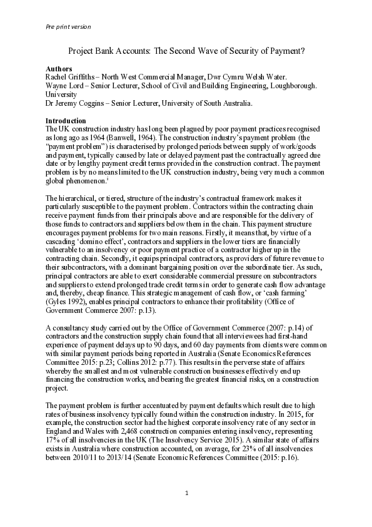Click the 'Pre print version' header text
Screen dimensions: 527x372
tap(68, 27)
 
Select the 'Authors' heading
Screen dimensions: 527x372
tap(59, 68)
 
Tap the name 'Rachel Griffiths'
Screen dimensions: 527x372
tap(71, 76)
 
